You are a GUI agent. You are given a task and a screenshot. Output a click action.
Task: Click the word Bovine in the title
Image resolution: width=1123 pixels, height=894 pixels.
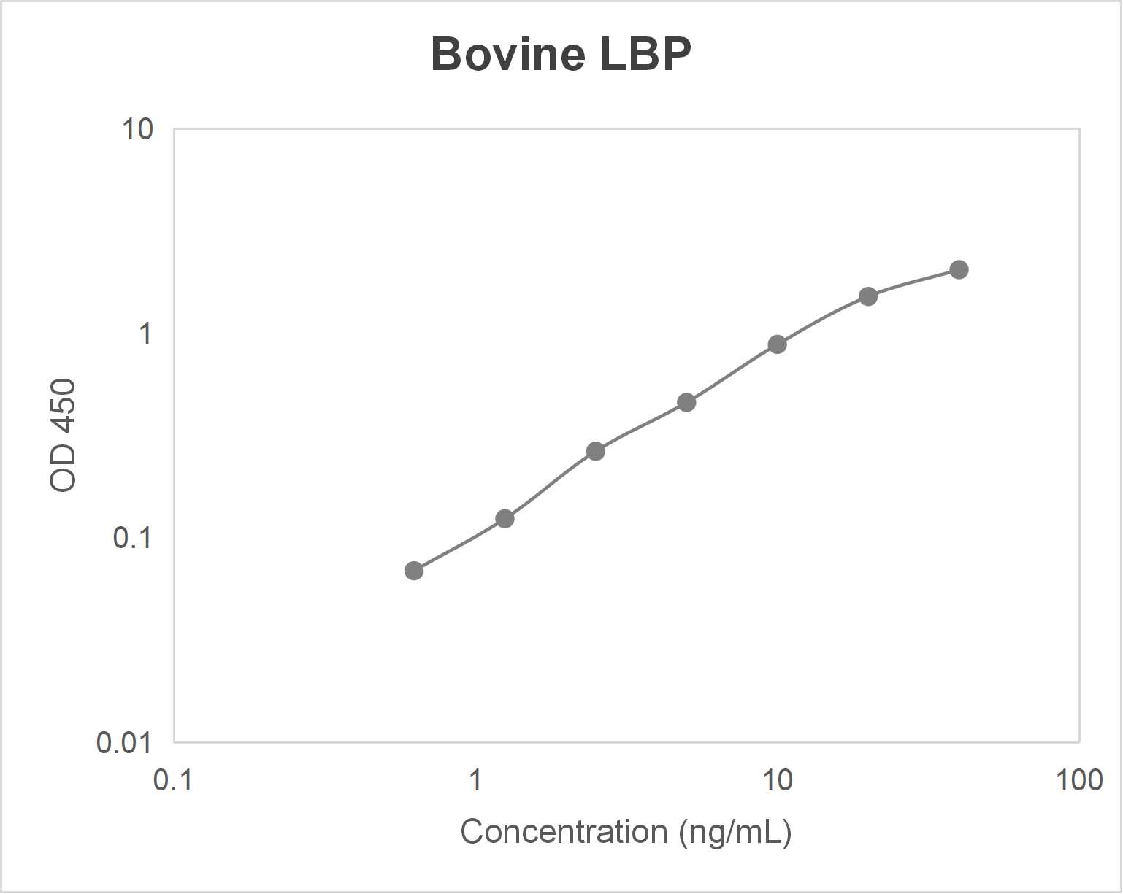pyautogui.click(x=508, y=54)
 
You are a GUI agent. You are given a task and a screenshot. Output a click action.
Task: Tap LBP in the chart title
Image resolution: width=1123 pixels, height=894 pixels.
pyautogui.click(x=645, y=54)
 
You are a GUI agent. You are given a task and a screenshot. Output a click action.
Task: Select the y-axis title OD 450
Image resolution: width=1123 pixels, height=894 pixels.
pyautogui.click(x=64, y=436)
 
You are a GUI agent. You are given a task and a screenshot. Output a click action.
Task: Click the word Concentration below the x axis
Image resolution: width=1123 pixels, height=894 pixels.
pyautogui.click(x=564, y=832)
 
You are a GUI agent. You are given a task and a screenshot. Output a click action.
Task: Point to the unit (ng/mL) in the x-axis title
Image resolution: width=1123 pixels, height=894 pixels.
pyautogui.click(x=735, y=833)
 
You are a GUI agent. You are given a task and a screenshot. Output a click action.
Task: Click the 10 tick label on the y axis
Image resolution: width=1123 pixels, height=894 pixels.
pyautogui.click(x=137, y=130)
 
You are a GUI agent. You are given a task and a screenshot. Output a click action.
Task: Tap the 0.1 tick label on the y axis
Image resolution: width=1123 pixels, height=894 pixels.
pyautogui.click(x=132, y=538)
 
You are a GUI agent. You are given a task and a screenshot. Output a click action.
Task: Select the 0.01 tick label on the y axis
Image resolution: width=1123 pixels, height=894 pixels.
pyautogui.click(x=124, y=743)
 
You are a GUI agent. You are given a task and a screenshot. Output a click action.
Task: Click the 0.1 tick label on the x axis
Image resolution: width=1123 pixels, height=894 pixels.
pyautogui.click(x=173, y=780)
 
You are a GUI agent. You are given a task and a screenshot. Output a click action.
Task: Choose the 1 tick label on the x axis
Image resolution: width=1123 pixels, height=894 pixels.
pyautogui.click(x=475, y=780)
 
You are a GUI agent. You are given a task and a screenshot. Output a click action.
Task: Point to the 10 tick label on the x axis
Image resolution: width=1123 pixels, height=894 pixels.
pyautogui.click(x=777, y=780)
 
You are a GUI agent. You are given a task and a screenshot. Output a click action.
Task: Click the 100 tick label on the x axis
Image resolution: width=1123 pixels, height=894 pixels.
pyautogui.click(x=1078, y=780)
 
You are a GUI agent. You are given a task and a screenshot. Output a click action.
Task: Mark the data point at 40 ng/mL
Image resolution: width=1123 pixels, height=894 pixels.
pyautogui.click(x=959, y=269)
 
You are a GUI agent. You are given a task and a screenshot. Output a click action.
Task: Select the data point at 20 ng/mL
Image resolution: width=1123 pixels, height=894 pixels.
pyautogui.click(x=868, y=296)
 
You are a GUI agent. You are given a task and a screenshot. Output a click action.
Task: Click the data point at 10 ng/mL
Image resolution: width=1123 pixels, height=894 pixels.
pyautogui.click(x=777, y=344)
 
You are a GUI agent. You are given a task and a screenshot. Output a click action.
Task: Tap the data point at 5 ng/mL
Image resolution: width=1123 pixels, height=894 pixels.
pyautogui.click(x=686, y=402)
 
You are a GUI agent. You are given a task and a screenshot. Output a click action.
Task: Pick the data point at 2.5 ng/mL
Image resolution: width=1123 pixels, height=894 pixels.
pyautogui.click(x=596, y=451)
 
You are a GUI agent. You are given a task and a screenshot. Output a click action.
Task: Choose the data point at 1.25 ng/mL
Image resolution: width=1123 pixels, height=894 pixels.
pyautogui.click(x=505, y=519)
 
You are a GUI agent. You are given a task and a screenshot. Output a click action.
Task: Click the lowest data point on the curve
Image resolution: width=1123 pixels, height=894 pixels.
pyautogui.click(x=414, y=571)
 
